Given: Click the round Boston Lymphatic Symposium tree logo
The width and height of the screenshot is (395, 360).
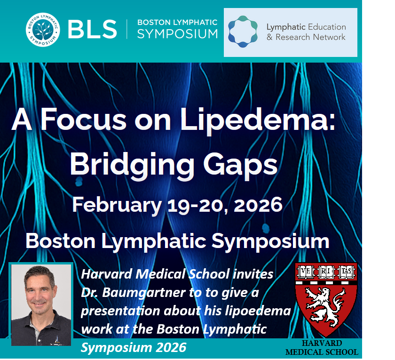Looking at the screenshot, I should pos(42,29).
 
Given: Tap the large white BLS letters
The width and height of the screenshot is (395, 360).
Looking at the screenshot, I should pos(92,30).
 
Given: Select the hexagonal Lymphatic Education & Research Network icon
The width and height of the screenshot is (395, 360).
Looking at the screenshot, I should pos(243,32).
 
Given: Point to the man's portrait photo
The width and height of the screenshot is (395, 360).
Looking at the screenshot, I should pos(41,304).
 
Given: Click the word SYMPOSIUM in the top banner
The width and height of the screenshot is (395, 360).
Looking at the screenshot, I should pos(177,34).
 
